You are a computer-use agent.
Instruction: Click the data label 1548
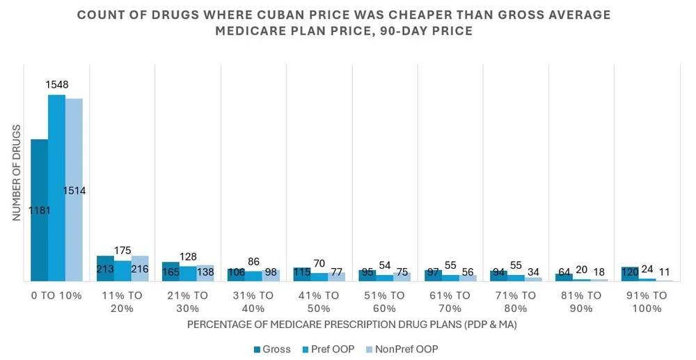point(56,85)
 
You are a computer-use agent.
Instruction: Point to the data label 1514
point(74,190)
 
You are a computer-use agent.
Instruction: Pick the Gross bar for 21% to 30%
point(171,272)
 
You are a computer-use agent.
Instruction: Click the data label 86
point(253,262)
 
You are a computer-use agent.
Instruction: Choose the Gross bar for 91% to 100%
point(630,274)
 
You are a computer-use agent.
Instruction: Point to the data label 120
point(631,272)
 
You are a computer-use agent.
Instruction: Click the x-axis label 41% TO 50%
point(319,302)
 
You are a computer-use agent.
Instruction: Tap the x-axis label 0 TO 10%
point(56,295)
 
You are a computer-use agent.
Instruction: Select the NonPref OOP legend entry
point(403,349)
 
